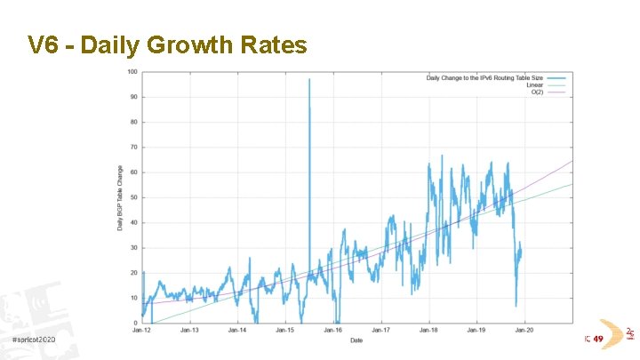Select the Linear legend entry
tap(535, 85)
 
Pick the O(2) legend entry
tap(537, 92)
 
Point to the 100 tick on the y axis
tap(132, 72)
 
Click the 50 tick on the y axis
tap(133, 197)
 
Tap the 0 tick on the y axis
tap(135, 323)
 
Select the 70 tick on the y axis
tap(133, 148)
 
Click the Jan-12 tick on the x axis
tap(142, 331)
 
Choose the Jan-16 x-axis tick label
tap(332, 331)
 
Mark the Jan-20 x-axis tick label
tap(524, 331)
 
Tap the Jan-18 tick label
tap(428, 331)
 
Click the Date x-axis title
tap(356, 340)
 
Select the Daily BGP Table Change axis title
tap(120, 197)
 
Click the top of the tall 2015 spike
tap(309, 79)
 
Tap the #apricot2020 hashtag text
tap(33, 340)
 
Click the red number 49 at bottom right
tap(598, 339)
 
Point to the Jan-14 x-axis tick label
tap(237, 331)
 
